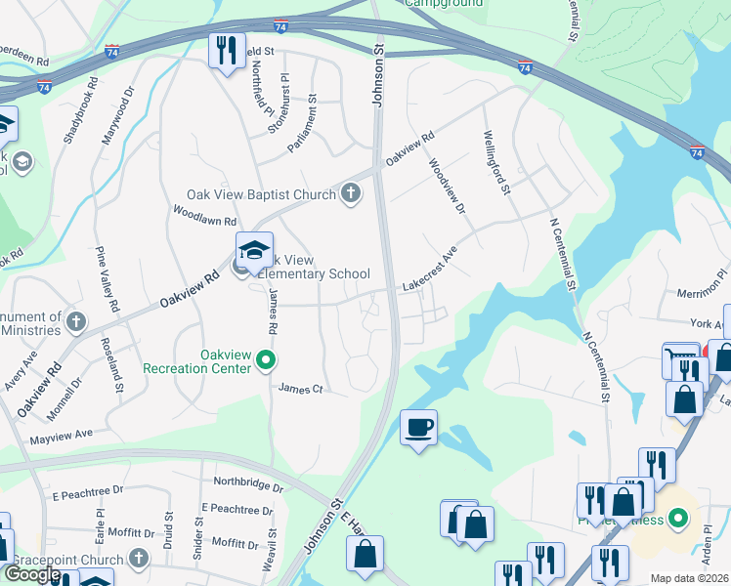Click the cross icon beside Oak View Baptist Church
(351, 194)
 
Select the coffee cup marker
(418, 427)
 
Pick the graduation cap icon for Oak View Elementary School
(254, 251)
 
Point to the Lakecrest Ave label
(430, 271)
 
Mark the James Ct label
(300, 389)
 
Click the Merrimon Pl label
(703, 290)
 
